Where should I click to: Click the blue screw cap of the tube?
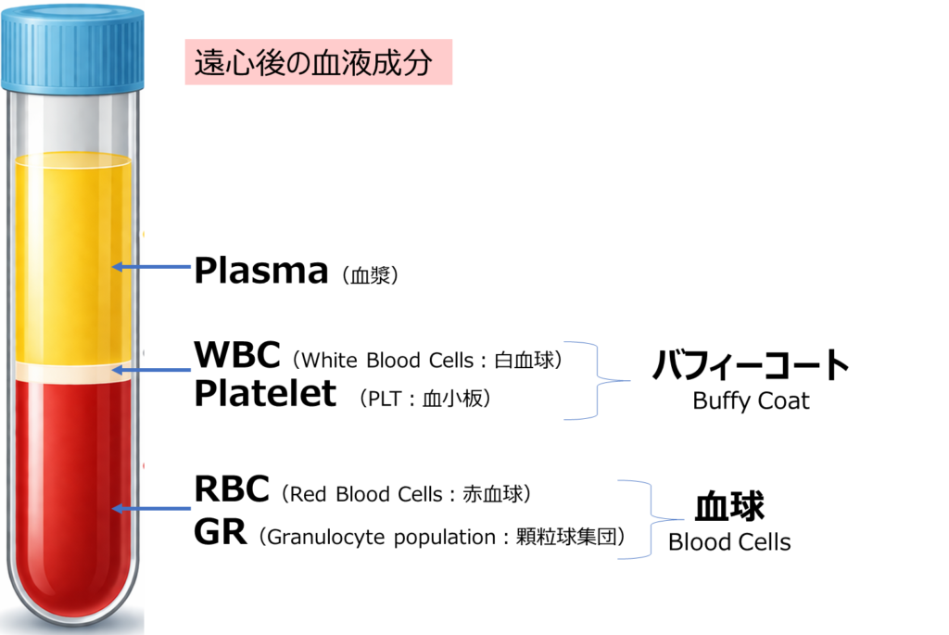[x=72, y=46]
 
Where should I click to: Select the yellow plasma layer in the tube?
[x=72, y=260]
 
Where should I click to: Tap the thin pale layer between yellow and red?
[x=72, y=372]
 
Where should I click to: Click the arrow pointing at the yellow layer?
[x=153, y=267]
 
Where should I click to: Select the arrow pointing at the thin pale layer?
[x=153, y=370]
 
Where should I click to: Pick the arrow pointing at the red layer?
[x=153, y=508]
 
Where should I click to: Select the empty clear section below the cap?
[x=72, y=121]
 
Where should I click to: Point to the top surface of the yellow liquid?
[x=72, y=160]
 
